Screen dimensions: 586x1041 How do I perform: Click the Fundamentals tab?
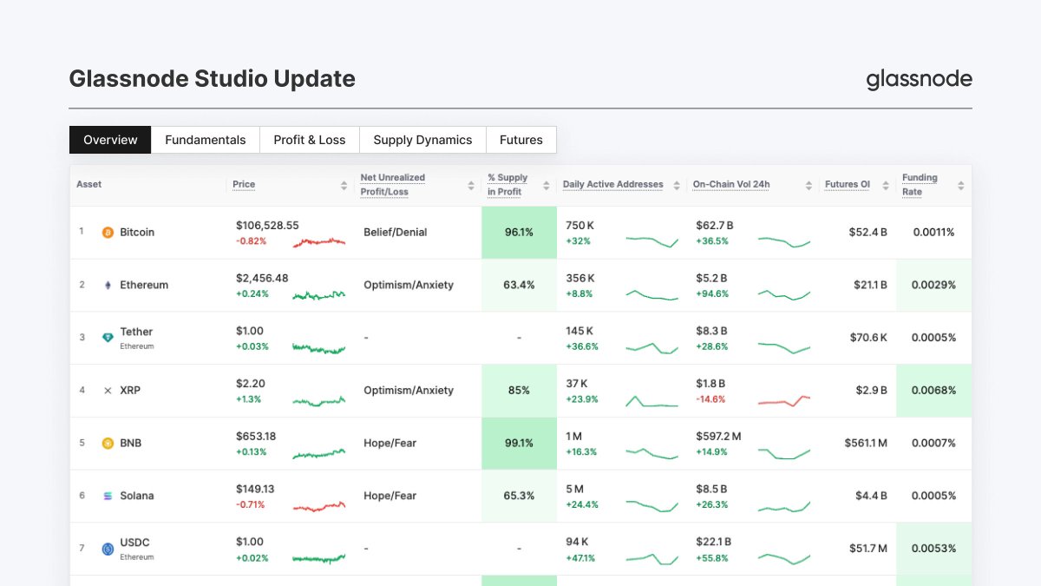point(206,140)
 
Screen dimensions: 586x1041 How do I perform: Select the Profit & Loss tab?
point(310,140)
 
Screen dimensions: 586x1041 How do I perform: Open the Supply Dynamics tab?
point(422,140)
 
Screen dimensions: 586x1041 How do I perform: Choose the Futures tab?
point(521,140)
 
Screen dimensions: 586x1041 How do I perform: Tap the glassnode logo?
point(919,80)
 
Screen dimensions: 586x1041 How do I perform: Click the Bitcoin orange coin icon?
point(108,233)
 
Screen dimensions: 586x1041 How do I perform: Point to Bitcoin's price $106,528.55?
point(267,225)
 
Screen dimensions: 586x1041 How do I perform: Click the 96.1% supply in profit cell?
point(519,233)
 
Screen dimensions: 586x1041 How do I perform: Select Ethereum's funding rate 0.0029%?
point(933,285)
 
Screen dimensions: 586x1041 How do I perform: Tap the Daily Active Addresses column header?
point(612,184)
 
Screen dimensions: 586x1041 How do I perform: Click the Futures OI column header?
point(847,184)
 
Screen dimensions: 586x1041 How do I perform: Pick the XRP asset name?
point(130,391)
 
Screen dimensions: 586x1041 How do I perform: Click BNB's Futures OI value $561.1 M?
point(866,443)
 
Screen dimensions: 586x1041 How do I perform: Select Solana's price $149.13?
point(255,489)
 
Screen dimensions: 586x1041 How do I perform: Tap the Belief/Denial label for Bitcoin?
point(395,233)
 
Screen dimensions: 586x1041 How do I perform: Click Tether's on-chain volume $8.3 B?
point(710,331)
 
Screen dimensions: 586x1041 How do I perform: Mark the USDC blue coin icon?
point(108,549)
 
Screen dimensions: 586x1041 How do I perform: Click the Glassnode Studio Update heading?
point(212,79)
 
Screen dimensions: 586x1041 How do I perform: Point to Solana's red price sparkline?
point(319,506)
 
